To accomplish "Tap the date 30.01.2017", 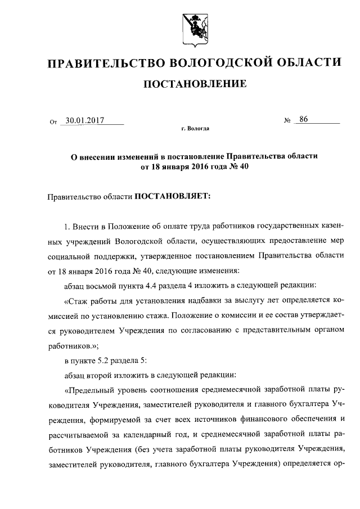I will [82, 119].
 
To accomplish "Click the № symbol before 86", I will [287, 120].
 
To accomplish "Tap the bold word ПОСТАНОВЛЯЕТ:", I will [171, 197].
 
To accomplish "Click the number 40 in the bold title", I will [243, 166].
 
